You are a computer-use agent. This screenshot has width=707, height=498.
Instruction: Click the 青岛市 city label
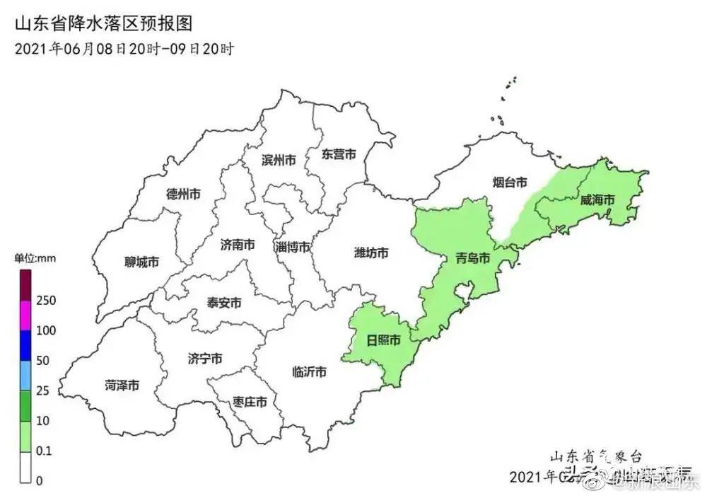pos(473,258)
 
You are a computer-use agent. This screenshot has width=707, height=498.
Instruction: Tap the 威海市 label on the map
pos(597,200)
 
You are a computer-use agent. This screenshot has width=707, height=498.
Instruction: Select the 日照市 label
pos(384,340)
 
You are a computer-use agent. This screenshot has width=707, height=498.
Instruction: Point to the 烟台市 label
pos(510,183)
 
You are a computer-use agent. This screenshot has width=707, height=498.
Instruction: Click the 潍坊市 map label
pos(370,253)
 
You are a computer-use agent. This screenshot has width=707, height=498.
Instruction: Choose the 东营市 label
pos(338,154)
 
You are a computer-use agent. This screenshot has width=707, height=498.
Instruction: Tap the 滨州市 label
pos(279,160)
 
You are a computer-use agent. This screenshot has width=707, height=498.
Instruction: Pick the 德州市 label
pos(183,193)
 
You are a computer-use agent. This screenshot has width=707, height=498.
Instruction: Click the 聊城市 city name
pos(141,262)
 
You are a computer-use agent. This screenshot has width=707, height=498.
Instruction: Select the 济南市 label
pos(238,245)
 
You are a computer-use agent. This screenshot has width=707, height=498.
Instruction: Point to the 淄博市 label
pos(293,247)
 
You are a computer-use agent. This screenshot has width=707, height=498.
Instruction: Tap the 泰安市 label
pos(224,303)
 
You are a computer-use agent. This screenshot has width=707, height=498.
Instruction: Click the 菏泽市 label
pos(122,386)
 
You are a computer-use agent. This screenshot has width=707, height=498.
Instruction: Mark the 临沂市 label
pos(309,372)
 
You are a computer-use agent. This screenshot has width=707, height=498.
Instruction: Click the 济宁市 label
pos(206,359)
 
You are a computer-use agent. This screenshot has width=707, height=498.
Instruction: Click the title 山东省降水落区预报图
pos(103,23)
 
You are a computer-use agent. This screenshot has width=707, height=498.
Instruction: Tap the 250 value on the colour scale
pos(46,301)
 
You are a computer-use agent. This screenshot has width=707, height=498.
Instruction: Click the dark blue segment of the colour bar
pos(25,345)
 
